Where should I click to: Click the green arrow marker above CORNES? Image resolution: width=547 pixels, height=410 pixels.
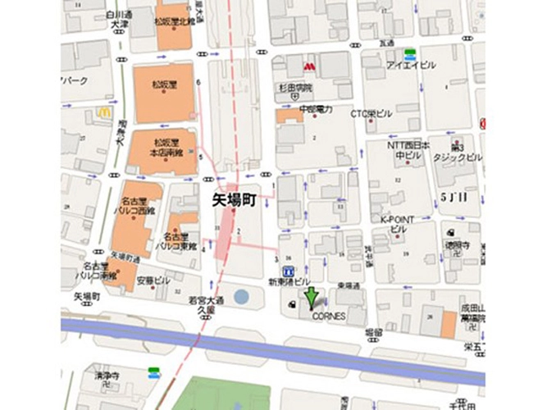point(311,298)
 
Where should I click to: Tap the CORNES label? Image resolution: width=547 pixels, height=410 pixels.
point(329,316)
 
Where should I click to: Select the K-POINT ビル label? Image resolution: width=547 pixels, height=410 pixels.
point(398,224)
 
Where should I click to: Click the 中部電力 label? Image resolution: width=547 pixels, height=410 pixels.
point(316,109)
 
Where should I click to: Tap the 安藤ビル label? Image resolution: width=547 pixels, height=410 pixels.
point(151,280)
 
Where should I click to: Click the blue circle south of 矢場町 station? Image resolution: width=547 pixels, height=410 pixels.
point(241,295)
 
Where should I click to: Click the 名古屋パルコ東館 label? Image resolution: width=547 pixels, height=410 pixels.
point(174,241)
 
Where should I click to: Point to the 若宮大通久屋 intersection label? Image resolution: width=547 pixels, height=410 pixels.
point(201,306)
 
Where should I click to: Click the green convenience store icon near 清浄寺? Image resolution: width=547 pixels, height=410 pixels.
point(153,373)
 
